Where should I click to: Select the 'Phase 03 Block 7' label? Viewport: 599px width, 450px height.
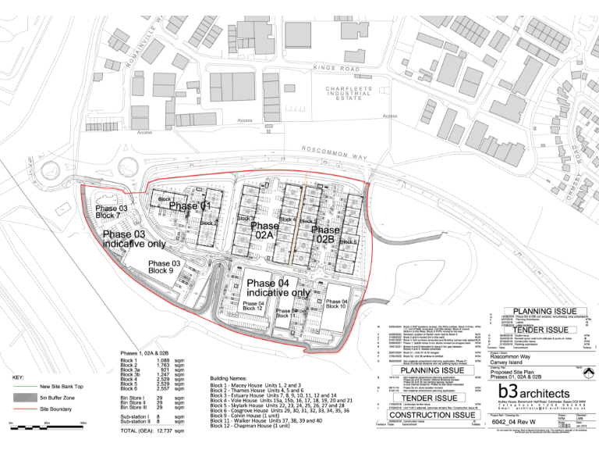click(112, 212)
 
